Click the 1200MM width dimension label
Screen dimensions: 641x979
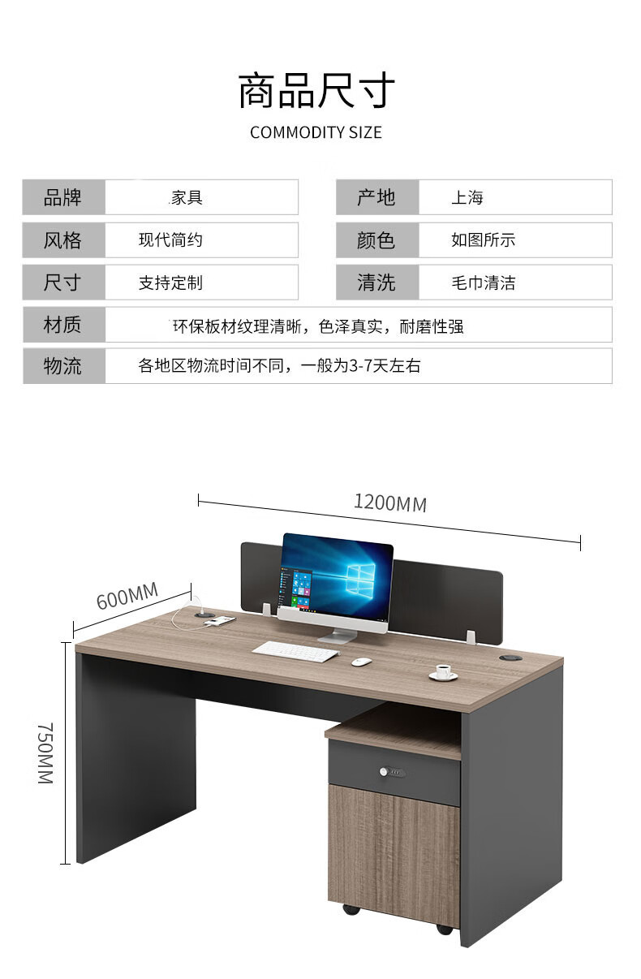[x=389, y=502]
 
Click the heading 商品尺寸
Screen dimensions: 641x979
[x=316, y=90]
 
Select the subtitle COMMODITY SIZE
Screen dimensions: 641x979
[x=316, y=132]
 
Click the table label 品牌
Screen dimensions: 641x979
[x=62, y=197]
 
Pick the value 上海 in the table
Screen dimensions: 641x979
[x=467, y=197]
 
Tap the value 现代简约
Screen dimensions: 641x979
[x=170, y=240]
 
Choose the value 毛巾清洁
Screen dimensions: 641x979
[x=484, y=283]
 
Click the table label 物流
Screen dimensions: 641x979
[x=62, y=366]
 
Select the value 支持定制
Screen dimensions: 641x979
[x=170, y=283]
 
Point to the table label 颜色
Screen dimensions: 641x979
[x=376, y=240]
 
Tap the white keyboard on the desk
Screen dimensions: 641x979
[x=295, y=651]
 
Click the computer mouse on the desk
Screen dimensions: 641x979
[x=361, y=661]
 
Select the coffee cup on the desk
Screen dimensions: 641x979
[x=443, y=673]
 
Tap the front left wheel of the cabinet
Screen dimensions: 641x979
[x=351, y=908]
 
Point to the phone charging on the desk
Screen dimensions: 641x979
[x=219, y=621]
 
